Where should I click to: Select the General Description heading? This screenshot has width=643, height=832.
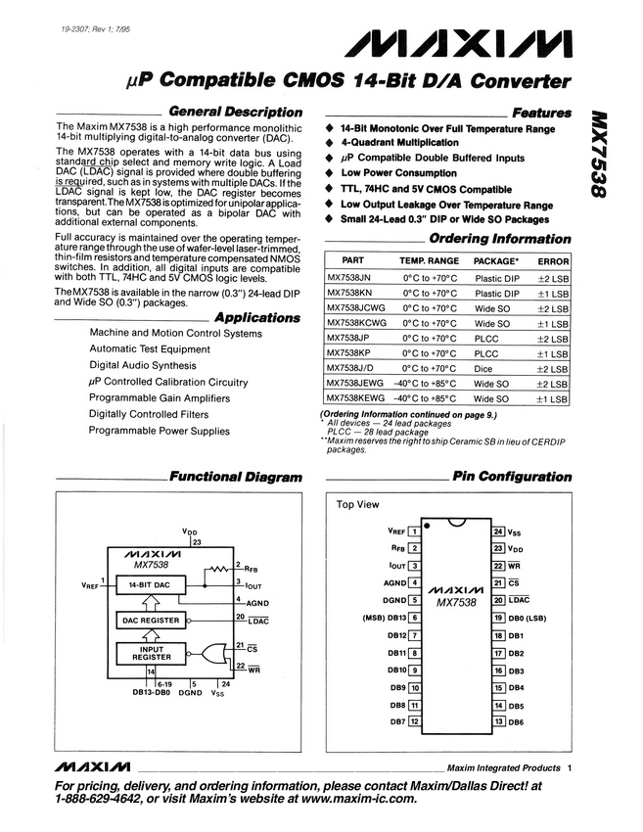pyautogui.click(x=236, y=112)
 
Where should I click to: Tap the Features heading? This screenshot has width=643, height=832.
pyautogui.click(x=541, y=113)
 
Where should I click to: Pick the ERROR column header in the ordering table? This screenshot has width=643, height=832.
pyautogui.click(x=553, y=261)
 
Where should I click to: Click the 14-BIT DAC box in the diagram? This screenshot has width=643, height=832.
pyautogui.click(x=150, y=584)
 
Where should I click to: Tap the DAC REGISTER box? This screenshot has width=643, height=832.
pyautogui.click(x=150, y=620)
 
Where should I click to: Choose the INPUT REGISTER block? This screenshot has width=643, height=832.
pyautogui.click(x=150, y=653)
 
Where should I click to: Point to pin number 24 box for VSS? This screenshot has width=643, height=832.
pyautogui.click(x=498, y=531)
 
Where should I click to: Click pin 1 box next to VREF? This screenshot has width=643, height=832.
pyautogui.click(x=414, y=531)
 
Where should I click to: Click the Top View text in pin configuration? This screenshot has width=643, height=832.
pyautogui.click(x=358, y=505)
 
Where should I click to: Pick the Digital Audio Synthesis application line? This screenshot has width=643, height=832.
pyautogui.click(x=143, y=365)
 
